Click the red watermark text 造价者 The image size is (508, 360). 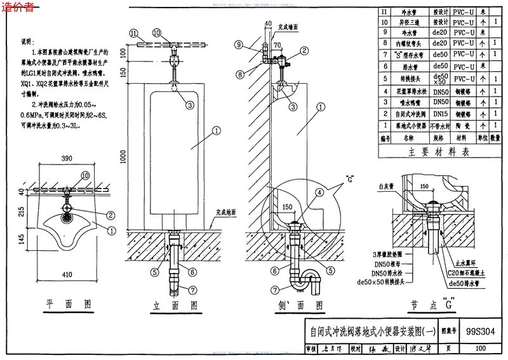18,8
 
